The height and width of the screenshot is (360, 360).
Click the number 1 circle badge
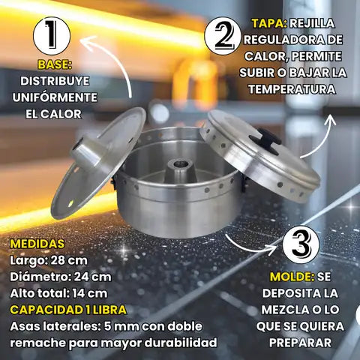(52, 35)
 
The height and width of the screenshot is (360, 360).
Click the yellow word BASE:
(55, 64)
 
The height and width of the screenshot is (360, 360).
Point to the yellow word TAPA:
(269, 23)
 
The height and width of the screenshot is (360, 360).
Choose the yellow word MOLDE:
(292, 277)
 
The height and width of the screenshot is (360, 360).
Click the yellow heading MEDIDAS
(37, 244)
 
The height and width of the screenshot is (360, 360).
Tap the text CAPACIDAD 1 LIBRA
(68, 310)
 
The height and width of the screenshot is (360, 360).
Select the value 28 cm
(69, 260)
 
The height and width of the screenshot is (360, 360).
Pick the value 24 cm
(93, 277)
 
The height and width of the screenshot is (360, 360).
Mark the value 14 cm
(90, 293)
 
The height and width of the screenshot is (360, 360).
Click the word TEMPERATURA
(292, 89)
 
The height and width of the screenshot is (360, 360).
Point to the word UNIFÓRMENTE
(55, 97)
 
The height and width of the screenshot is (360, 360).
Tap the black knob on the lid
(266, 141)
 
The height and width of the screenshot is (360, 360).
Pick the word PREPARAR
(300, 343)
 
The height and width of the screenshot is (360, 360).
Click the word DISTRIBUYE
(55, 81)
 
